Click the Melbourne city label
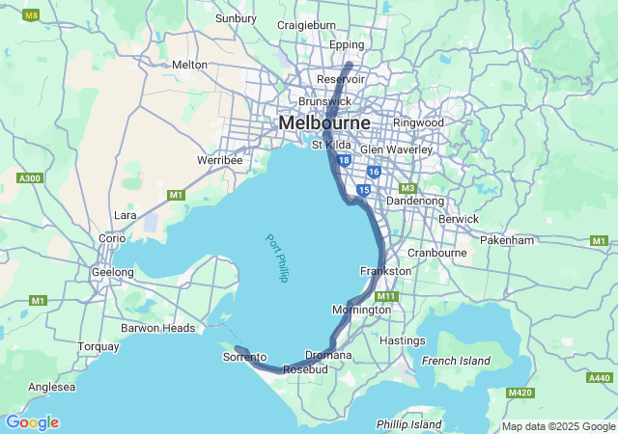[x=324, y=123]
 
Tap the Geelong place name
[x=113, y=272]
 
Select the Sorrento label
[x=244, y=357]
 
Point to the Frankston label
[x=385, y=271]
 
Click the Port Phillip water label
[x=278, y=258]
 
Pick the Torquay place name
[x=98, y=345]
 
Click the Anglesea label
[x=52, y=387]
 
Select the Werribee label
[x=219, y=159]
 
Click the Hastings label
[x=403, y=340]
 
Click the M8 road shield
[x=31, y=15]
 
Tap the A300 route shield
[x=31, y=177]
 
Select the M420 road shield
[x=520, y=393]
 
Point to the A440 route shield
[x=599, y=377]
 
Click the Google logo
[x=32, y=422]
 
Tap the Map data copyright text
[x=557, y=426]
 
